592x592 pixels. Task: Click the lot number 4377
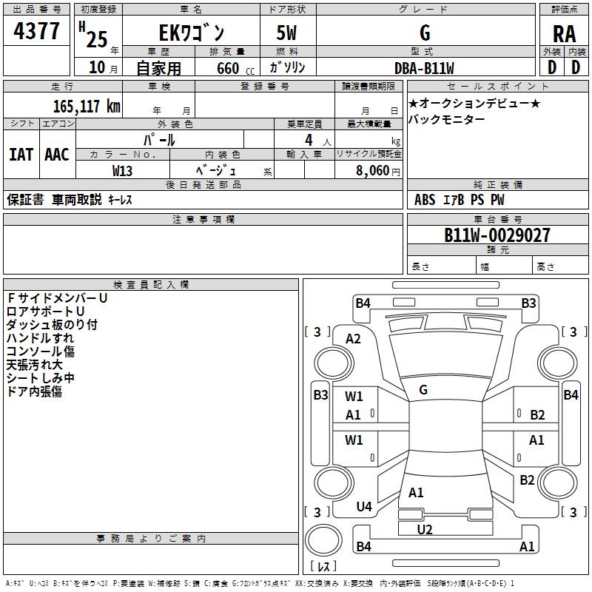tap(36, 32)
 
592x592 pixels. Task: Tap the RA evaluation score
tap(564, 34)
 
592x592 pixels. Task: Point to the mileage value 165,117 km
tap(87, 107)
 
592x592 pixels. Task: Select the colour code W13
tap(123, 170)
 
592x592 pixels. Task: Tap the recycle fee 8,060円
tap(374, 170)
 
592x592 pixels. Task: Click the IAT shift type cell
tap(21, 155)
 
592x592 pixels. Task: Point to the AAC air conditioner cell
tap(56, 155)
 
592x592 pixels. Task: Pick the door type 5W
tap(288, 33)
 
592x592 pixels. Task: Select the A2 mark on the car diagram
tap(353, 338)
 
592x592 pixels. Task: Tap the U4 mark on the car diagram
tap(363, 506)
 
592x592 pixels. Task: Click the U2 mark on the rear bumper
tap(424, 529)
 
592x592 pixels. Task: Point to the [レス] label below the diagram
tap(323, 566)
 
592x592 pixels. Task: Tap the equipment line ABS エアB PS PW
tap(461, 199)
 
